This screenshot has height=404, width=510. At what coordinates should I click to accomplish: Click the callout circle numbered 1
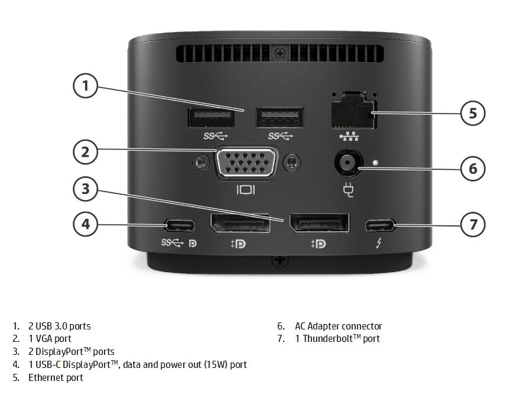[85, 86]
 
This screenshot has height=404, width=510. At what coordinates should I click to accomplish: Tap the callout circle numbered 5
[473, 114]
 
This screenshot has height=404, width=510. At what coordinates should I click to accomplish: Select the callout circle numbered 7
[473, 225]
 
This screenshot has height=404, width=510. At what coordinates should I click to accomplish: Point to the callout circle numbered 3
[85, 189]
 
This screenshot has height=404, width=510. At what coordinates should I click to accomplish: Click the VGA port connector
[247, 163]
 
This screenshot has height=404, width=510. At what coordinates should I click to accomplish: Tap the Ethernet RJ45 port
[354, 111]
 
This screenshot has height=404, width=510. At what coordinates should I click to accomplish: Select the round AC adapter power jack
[347, 162]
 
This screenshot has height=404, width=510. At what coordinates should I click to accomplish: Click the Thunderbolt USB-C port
[379, 225]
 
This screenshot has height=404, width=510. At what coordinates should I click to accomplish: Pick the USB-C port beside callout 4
[180, 225]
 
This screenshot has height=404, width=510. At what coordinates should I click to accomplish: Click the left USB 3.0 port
[212, 118]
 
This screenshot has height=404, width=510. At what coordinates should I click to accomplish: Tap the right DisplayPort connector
[320, 223]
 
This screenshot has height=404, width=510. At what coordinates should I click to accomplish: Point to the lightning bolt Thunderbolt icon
[379, 243]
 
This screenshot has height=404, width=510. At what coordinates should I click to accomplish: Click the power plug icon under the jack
[348, 190]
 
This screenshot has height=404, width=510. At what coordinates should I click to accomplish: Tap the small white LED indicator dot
[376, 162]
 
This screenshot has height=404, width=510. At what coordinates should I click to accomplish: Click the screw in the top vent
[280, 53]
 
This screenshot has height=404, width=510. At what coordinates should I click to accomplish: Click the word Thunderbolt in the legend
[328, 338]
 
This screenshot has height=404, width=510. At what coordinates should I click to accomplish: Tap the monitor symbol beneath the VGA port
[246, 190]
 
